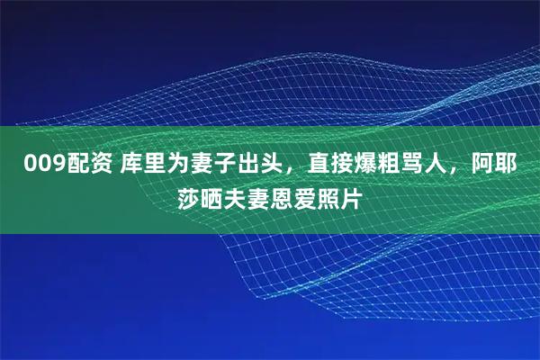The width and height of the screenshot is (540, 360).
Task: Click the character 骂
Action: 401,165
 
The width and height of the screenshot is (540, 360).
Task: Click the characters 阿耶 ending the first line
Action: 494,165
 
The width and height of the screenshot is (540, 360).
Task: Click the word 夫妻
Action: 248,197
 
